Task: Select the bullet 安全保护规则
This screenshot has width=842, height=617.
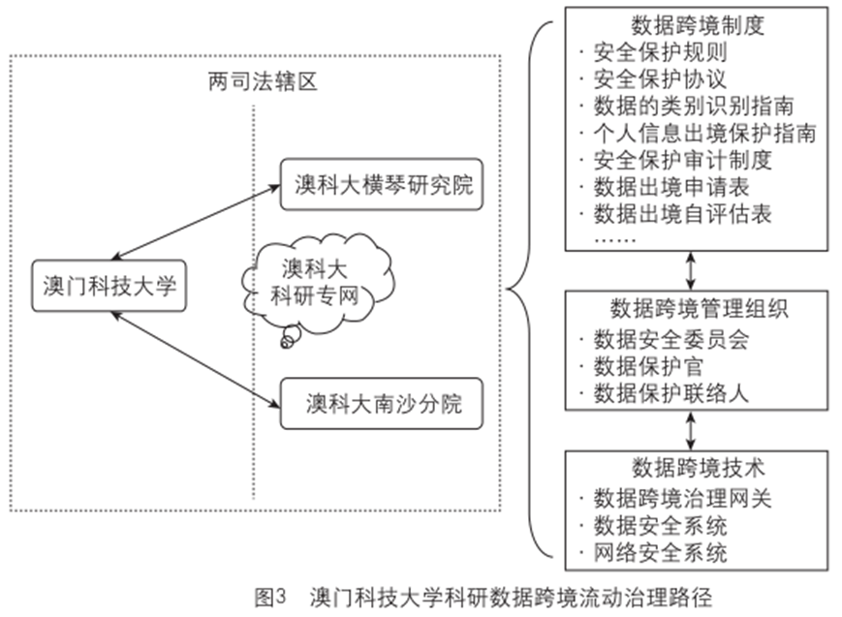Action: click(659, 53)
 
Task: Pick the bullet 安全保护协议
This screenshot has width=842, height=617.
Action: click(659, 79)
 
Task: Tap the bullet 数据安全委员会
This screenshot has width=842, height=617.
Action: click(670, 340)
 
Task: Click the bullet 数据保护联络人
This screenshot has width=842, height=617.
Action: click(670, 393)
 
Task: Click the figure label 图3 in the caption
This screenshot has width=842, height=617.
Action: click(268, 595)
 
